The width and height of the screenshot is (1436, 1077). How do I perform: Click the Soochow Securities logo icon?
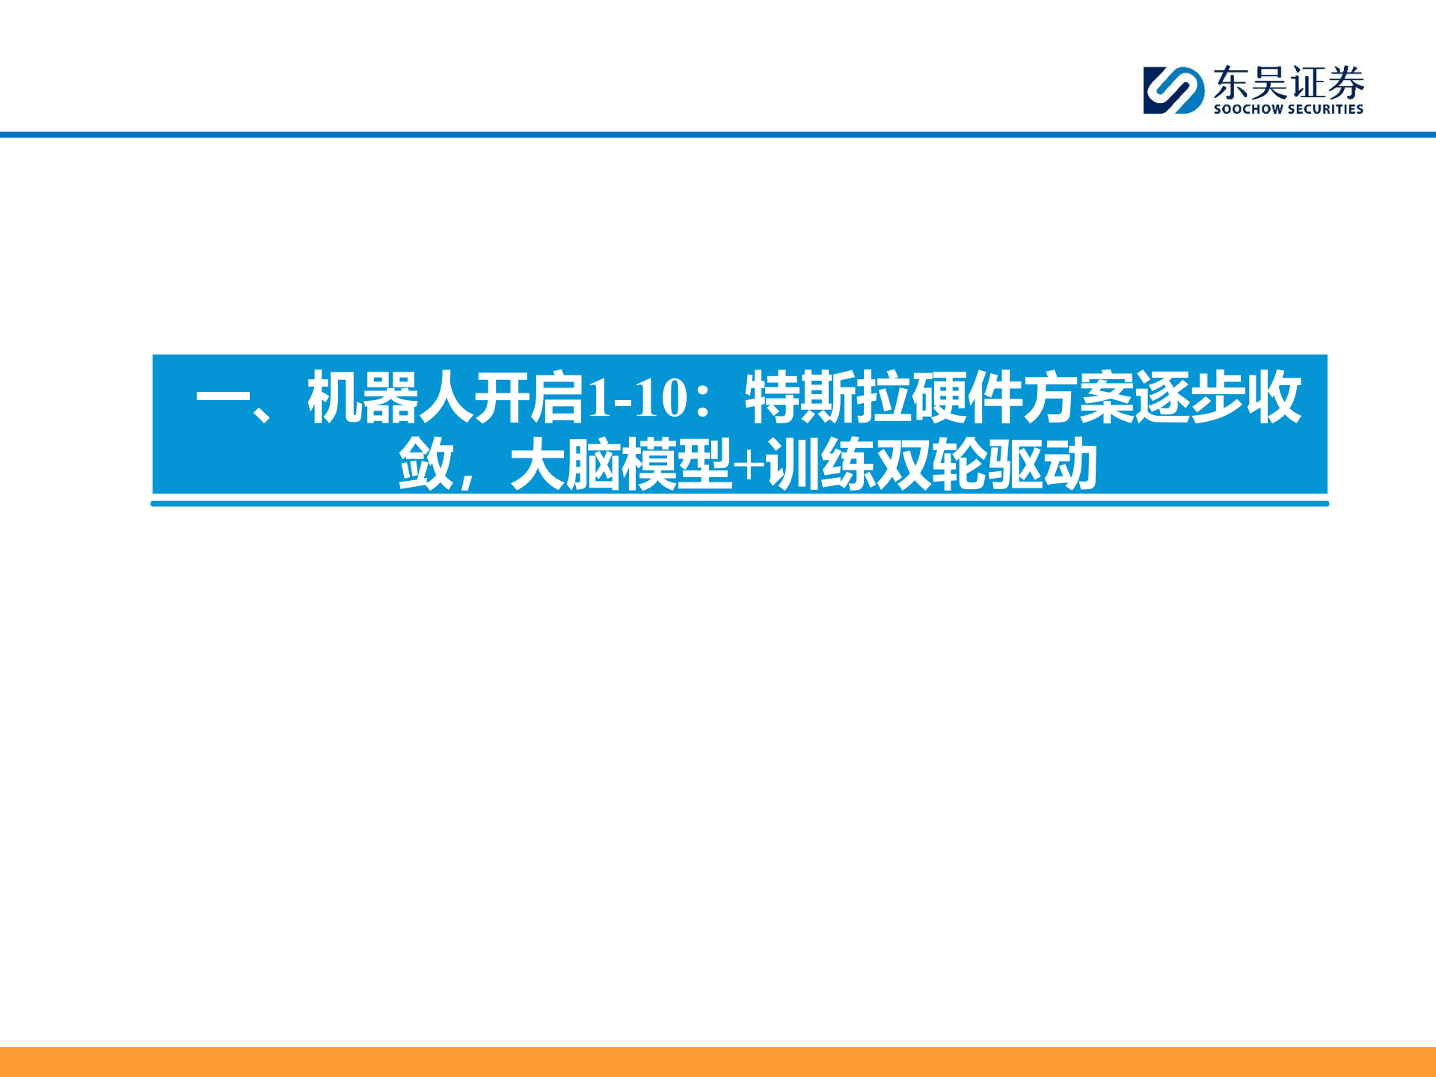1173,90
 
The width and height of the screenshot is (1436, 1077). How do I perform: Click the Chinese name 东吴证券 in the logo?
1288,82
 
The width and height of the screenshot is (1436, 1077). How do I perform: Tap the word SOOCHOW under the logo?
1248,109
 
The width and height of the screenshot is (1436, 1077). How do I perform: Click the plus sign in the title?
749,465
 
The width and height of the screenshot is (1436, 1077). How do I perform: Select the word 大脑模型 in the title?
621,465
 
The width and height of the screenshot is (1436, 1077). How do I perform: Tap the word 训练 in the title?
820,465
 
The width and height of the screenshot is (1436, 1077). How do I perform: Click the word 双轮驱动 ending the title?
987,465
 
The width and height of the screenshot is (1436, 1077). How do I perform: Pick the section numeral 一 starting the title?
222,396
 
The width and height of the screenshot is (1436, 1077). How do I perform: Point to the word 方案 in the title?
1078,398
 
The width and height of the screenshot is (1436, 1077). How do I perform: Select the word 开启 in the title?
528,398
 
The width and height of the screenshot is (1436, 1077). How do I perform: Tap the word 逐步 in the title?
1190,398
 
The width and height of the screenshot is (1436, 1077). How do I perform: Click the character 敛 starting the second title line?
426,465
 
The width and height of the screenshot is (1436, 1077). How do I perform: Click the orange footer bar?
718,1061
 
